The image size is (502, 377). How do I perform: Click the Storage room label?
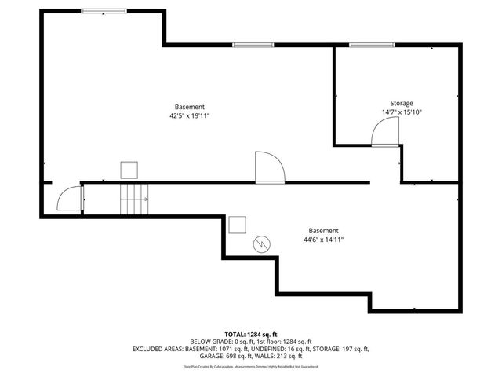click(402, 103)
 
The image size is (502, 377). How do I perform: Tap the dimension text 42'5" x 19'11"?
click(190, 115)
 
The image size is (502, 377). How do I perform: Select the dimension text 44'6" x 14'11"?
click(323, 240)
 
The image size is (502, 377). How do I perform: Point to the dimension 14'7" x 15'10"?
click(402, 112)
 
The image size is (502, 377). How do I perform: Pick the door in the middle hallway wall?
click(269, 167)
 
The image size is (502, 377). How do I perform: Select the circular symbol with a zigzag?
click(261, 244)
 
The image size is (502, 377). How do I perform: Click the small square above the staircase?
click(129, 170)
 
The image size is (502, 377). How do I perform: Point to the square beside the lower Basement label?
click(237, 225)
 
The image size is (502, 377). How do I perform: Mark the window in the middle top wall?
click(247, 45)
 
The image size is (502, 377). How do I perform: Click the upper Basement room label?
click(190, 107)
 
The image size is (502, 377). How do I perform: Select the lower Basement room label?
click(323, 231)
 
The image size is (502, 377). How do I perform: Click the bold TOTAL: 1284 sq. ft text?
click(251, 335)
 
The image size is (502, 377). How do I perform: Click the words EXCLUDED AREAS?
click(157, 348)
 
